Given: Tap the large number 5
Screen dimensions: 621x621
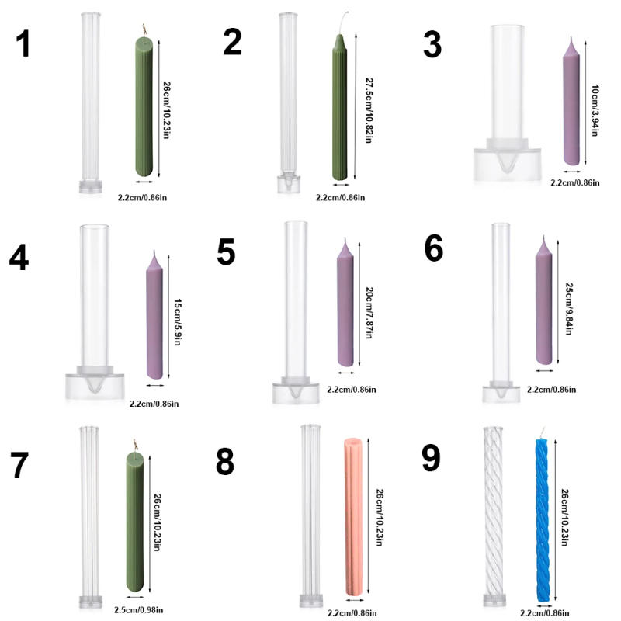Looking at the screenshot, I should [226, 252].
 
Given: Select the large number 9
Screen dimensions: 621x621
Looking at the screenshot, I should [431, 458].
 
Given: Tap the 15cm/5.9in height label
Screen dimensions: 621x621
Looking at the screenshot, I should [177, 323].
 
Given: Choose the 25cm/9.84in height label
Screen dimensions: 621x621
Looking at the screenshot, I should [568, 308].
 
